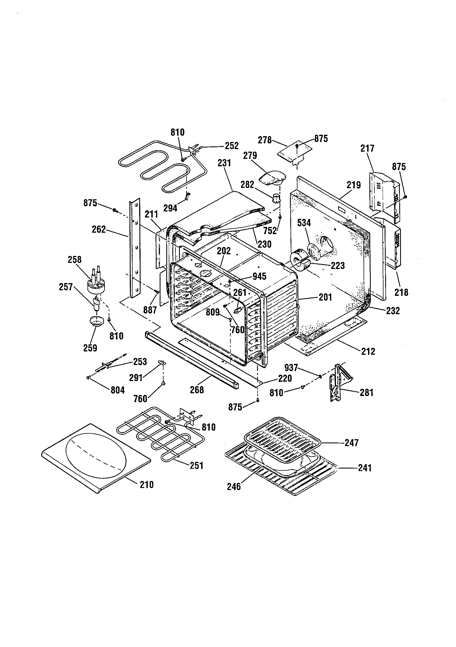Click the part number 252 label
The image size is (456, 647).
231,146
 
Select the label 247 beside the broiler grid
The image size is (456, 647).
351,443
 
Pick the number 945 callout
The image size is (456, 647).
259,276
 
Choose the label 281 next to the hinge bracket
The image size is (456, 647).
366,392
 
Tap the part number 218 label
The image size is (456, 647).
401,292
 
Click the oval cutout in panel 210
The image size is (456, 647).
96,455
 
